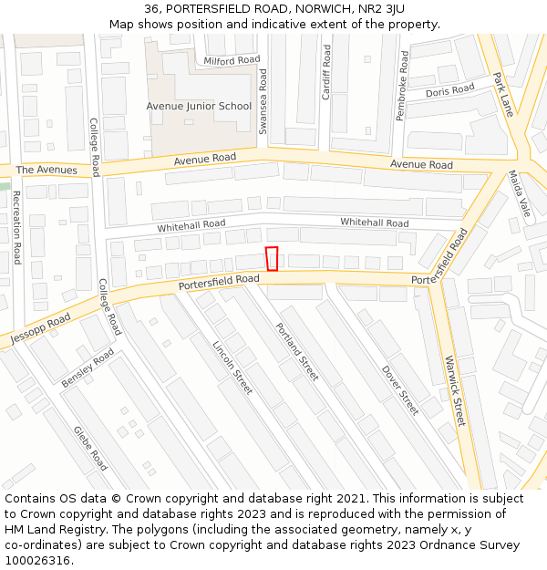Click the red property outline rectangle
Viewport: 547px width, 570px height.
coord(272,259)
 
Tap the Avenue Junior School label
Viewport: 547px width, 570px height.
coord(199,107)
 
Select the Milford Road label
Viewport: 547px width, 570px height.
coord(232,61)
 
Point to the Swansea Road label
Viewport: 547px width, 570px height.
coord(263,102)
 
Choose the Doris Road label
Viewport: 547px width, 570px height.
coord(450,90)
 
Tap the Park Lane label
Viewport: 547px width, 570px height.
coord(503,95)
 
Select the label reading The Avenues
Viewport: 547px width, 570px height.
coord(46,171)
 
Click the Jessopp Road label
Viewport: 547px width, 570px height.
coord(40,329)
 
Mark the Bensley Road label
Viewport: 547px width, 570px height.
coord(88,367)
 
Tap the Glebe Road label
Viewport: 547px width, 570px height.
coord(90,448)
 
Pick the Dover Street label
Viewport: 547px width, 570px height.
coord(399,389)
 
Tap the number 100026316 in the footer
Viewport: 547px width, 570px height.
coord(38,560)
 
